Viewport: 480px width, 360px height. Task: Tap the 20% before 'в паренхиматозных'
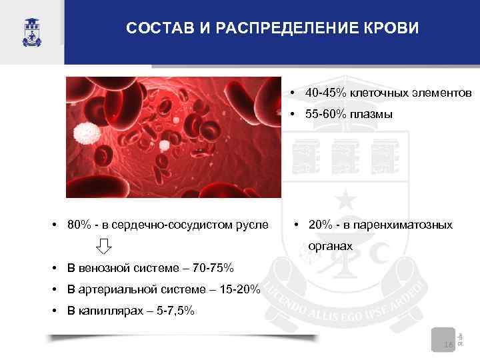322,225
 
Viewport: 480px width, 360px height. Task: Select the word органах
330,246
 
